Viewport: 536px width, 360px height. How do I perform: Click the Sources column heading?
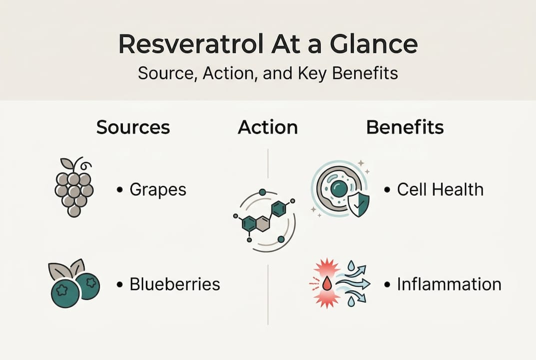point(133,127)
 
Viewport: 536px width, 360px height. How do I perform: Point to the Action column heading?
point(268,127)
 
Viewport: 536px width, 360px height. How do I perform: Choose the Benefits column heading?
point(405,127)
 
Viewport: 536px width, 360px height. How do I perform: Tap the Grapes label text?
point(158,190)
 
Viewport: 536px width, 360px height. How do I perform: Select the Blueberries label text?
point(174,284)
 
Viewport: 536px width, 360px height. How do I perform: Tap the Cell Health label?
point(440,190)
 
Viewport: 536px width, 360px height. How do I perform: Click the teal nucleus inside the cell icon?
point(339,189)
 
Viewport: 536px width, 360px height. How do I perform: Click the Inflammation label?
point(449,284)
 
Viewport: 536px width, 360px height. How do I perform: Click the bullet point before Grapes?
point(119,190)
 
